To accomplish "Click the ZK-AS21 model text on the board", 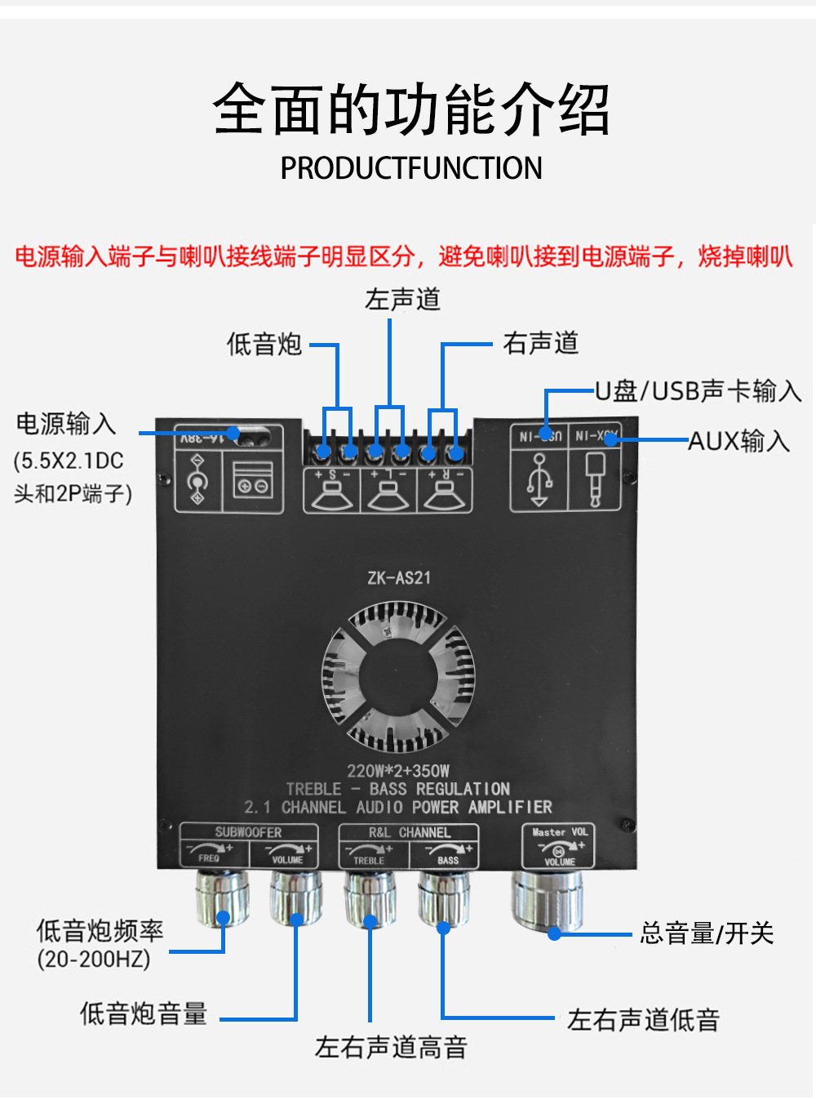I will coord(398,578).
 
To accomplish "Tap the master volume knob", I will coord(547,899).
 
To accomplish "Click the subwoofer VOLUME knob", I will coord(295,897).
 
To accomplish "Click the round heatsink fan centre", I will coord(398,675).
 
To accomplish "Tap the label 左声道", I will coord(402,300).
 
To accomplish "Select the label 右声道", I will coord(540,343).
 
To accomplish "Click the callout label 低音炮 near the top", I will coord(264,344).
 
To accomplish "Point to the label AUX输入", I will coord(739,442).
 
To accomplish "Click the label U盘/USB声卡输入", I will coord(698,391).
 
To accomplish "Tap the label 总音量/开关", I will coord(707,933).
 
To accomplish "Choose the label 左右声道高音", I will coord(391,1047).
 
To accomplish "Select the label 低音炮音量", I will coord(144,1013).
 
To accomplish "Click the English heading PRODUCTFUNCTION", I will coord(410,168).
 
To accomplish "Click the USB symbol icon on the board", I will coord(539,479).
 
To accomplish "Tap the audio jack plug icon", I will coord(594,479).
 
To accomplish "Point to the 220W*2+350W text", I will coord(398,771).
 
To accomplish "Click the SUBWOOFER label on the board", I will coord(248,832).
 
